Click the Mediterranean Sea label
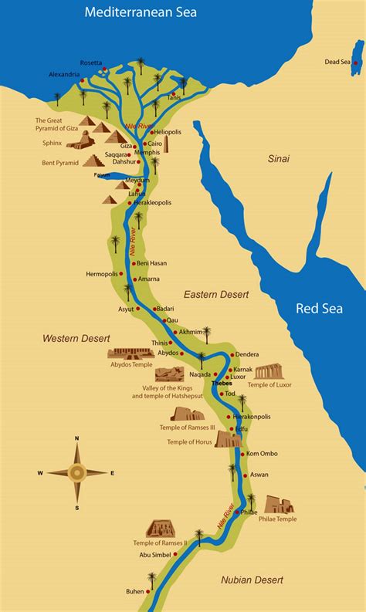tap(140, 12)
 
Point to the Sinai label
tap(279, 159)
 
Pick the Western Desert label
tap(76, 338)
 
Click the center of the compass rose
tap(76, 472)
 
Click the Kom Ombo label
tap(262, 453)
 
